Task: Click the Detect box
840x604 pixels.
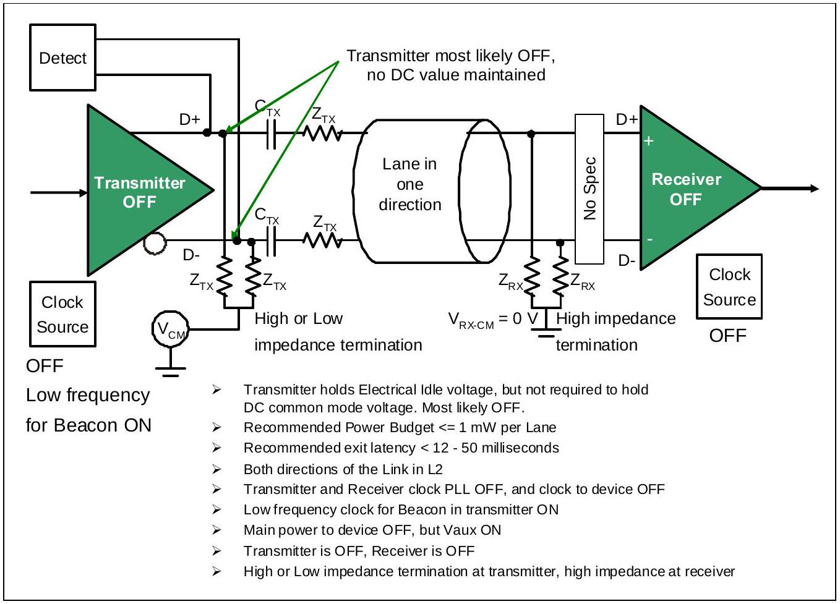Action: [62, 57]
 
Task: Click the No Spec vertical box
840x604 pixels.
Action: [589, 189]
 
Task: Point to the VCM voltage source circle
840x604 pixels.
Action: [170, 329]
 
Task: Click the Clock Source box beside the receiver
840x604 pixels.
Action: [729, 287]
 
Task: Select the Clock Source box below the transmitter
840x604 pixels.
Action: [62, 314]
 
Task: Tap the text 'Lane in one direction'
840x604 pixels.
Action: [410, 184]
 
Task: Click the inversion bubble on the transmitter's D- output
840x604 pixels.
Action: [155, 243]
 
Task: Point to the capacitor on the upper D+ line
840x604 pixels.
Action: [271, 134]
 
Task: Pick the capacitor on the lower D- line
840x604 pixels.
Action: [271, 241]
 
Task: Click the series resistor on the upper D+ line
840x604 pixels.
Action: [322, 134]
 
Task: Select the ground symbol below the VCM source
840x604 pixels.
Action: [170, 371]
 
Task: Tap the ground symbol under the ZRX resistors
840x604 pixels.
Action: [546, 333]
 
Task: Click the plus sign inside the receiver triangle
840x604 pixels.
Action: [649, 141]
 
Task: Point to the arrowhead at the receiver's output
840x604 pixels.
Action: [815, 188]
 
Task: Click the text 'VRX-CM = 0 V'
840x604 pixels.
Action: [493, 320]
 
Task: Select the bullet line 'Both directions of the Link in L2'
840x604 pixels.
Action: [343, 469]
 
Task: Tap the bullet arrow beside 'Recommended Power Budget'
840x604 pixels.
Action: [216, 427]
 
